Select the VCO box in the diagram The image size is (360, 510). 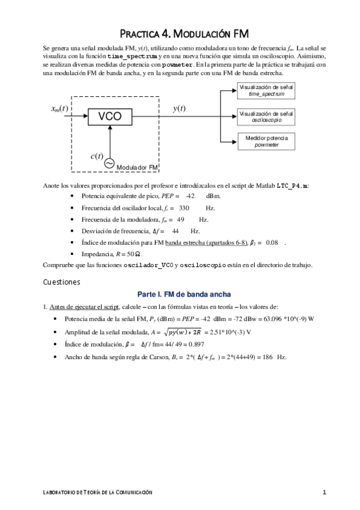pyautogui.click(x=110, y=117)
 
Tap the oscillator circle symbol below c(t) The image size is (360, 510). pyautogui.click(x=109, y=163)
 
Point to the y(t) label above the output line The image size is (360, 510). pyautogui.click(x=178, y=108)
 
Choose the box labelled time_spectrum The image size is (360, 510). pyautogui.click(x=266, y=91)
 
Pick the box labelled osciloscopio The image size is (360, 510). pyautogui.click(x=266, y=117)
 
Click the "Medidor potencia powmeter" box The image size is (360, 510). pyautogui.click(x=266, y=141)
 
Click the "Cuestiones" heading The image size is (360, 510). pyautogui.click(x=61, y=281)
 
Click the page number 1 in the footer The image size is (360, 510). pyautogui.click(x=324, y=493)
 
